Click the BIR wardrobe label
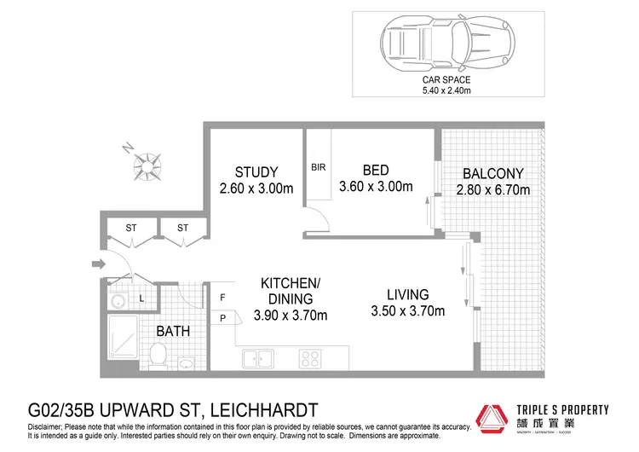(318, 167)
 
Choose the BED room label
(376, 171)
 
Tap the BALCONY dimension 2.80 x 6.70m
(493, 189)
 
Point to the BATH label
(172, 331)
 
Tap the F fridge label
(222, 298)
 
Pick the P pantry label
(222, 318)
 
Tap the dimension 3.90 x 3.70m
(291, 315)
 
